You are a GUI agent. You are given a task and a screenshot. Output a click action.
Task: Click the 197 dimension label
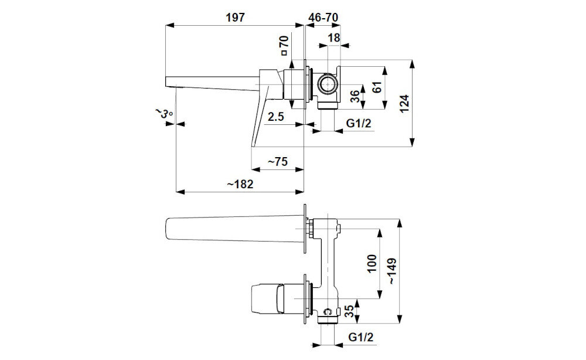236,17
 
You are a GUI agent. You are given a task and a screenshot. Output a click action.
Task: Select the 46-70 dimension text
323,17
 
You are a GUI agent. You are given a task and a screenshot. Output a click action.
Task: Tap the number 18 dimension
334,38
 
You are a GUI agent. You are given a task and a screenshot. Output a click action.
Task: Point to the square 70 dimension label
284,45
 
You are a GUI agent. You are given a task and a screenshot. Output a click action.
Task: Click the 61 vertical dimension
377,87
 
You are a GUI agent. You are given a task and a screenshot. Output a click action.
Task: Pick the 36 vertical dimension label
356,96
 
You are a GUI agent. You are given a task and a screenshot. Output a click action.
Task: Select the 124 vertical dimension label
404,104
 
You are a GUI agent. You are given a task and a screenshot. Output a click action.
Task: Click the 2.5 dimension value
276,117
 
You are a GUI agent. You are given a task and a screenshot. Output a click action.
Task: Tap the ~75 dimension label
278,161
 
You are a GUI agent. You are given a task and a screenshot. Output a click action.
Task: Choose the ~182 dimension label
240,184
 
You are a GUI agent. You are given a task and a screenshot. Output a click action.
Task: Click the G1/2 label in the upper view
359,123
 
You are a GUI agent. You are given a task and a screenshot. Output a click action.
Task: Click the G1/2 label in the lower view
360,337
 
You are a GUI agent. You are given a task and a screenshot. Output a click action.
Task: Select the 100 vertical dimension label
372,264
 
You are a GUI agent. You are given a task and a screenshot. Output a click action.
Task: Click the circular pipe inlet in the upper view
328,85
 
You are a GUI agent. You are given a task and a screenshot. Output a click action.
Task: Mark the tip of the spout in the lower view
166,228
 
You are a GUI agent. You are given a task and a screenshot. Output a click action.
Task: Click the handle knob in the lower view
267,298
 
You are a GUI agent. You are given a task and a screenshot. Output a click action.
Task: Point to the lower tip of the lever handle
253,146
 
